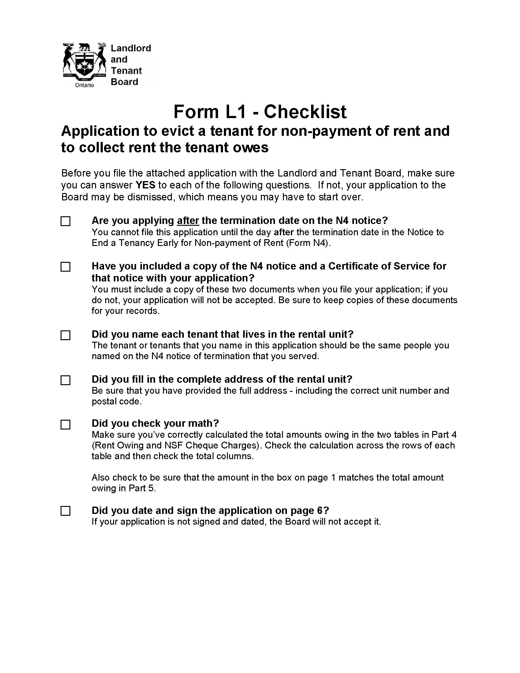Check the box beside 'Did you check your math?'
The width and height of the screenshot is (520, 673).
coord(65,425)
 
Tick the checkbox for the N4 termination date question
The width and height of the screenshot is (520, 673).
coord(65,221)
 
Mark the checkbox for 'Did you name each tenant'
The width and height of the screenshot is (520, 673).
coord(65,335)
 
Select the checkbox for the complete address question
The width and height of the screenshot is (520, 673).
coord(65,380)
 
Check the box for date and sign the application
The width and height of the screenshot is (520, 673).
coord(65,511)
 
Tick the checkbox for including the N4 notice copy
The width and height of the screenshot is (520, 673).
coord(65,267)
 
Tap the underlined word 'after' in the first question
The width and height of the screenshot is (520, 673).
coord(188,221)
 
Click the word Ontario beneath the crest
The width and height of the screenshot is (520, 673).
coord(84,85)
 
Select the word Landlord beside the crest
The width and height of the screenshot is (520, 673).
coord(131,48)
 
